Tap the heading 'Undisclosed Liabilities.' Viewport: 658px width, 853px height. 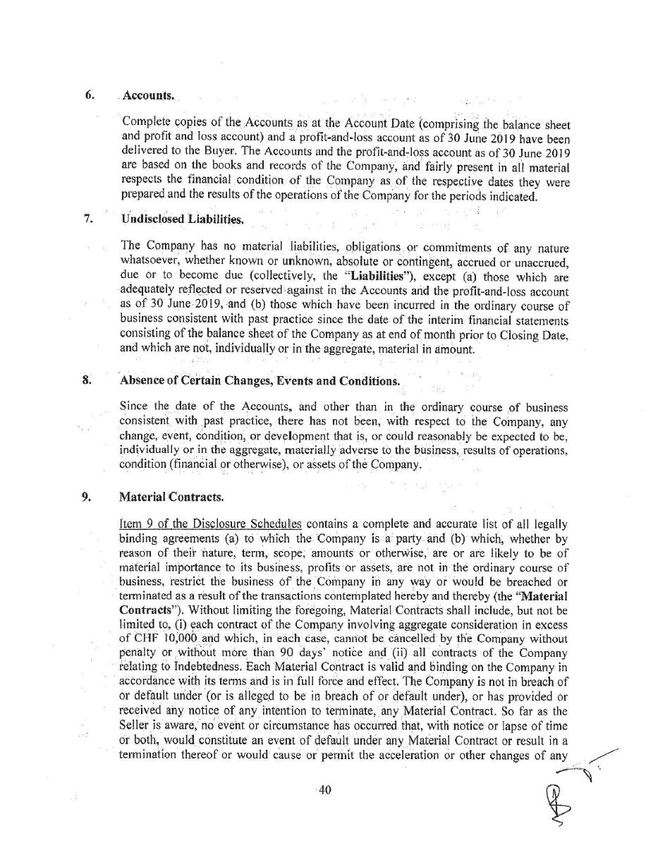coord(183,219)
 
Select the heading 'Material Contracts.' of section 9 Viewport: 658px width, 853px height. coord(172,497)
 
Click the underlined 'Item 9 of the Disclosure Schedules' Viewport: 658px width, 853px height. coord(211,524)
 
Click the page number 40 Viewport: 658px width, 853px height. coord(325,790)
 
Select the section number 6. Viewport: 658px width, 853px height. coord(90,95)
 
